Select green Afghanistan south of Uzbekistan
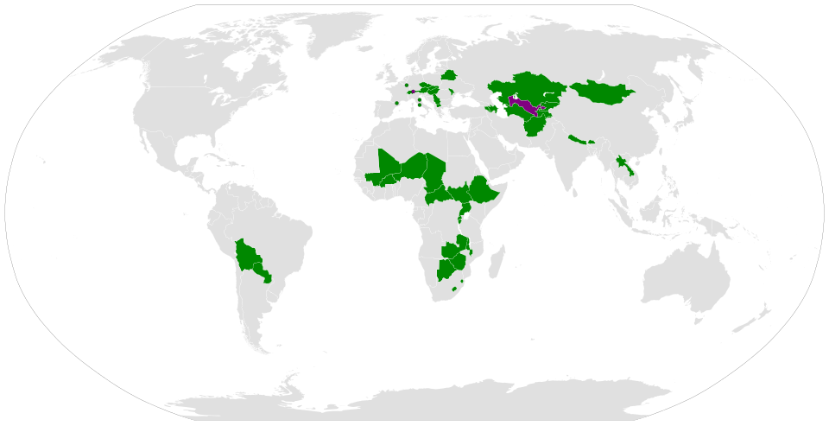534,124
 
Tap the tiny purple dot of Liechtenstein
412,92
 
